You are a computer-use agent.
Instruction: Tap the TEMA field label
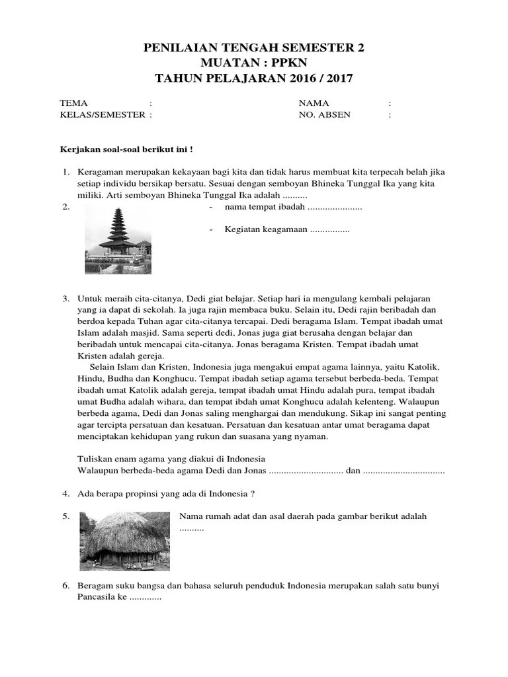[x=73, y=103]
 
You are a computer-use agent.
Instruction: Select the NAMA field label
[x=314, y=103]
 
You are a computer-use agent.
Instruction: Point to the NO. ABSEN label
[x=325, y=114]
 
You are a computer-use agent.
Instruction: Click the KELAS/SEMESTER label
[x=103, y=114]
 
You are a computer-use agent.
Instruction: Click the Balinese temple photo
[x=118, y=239]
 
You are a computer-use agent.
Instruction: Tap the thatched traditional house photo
[x=124, y=541]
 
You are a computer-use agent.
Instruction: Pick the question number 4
[x=66, y=493]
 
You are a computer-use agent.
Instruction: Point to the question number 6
[x=66, y=586]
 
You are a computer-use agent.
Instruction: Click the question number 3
[x=66, y=299]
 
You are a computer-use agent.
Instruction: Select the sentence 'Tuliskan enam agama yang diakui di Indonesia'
[x=171, y=459]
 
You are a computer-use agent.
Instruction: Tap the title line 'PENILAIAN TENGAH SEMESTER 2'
[x=254, y=48]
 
